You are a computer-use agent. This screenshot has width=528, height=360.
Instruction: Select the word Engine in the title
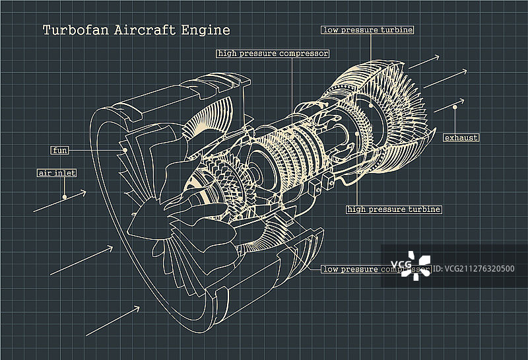pos(207,30)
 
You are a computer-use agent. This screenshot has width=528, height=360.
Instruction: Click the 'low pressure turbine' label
pos(368,30)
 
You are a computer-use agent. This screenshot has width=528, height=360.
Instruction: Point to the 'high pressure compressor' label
pos(273,53)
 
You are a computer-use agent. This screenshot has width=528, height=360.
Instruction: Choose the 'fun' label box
pos(60,150)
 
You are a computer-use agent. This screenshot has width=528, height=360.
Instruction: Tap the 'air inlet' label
pos(56,173)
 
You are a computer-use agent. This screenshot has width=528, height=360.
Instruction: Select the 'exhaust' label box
pos(461,137)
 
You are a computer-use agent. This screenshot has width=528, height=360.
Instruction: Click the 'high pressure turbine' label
pos(394,209)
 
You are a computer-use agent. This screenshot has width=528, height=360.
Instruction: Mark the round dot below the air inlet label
pos(65,196)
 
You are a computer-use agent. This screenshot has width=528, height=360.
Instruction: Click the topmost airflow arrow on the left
pos(59,201)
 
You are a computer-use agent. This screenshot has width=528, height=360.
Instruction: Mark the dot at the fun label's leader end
pos(125,151)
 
